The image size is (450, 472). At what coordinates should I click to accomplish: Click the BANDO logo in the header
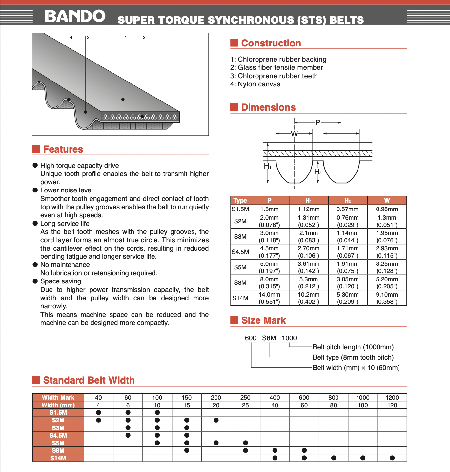coord(75,16)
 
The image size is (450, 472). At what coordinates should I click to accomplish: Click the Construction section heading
coord(271,43)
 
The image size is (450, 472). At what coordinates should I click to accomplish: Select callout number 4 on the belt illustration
coord(71,38)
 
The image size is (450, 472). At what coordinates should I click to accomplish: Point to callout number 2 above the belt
coord(144,38)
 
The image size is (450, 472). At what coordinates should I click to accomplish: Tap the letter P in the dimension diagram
coord(317,123)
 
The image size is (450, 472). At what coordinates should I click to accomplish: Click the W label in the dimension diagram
coord(294,134)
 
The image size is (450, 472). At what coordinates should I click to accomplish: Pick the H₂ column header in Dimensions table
coord(348,201)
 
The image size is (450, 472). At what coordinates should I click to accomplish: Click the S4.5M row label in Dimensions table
coord(240,252)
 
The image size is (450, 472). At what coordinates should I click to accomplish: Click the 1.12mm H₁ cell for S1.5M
coord(308,209)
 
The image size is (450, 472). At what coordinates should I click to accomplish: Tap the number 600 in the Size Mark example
coord(251,338)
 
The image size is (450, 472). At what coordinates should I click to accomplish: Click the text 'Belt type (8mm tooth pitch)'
coord(353,357)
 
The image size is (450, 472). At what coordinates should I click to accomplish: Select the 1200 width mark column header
coord(392,398)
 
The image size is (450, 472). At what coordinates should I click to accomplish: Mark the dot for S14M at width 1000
coord(363,458)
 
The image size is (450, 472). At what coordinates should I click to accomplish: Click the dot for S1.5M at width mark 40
coord(98,412)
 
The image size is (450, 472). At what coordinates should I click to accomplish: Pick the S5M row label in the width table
coord(58,443)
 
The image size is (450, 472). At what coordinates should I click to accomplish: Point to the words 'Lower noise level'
coord(67,191)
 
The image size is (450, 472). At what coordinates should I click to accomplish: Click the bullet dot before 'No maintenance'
coord(35,264)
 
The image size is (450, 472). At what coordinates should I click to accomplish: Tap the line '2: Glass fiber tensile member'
coord(276,68)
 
